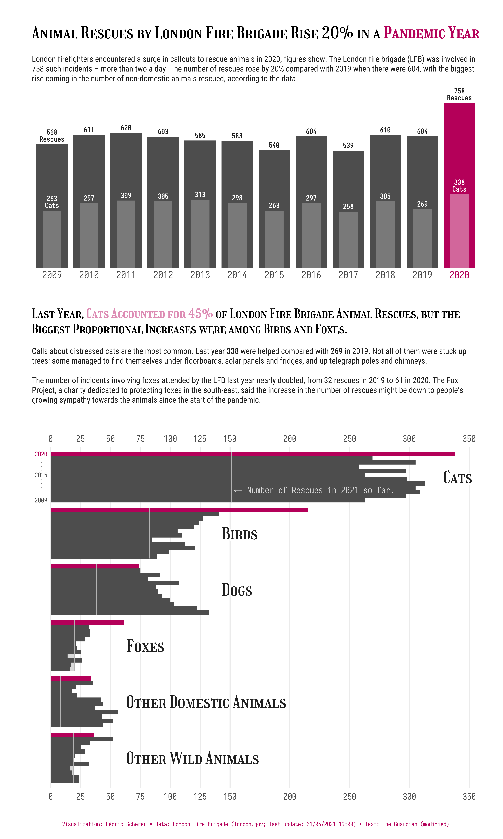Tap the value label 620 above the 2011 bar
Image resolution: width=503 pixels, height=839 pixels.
coord(126,128)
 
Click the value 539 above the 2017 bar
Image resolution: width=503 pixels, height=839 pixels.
coord(348,146)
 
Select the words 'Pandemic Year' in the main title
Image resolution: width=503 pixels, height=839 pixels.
coord(431,33)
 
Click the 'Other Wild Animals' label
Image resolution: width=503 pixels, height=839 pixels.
coord(192,759)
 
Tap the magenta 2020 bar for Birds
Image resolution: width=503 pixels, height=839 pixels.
coord(179,510)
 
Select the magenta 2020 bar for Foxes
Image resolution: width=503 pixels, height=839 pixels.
coord(87,622)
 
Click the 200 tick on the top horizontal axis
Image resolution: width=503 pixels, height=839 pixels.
coord(290,439)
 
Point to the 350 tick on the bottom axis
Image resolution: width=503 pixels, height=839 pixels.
coord(469,797)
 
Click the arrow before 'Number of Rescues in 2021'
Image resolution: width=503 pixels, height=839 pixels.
coord(238,490)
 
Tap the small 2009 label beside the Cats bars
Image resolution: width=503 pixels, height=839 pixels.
coord(41,500)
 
